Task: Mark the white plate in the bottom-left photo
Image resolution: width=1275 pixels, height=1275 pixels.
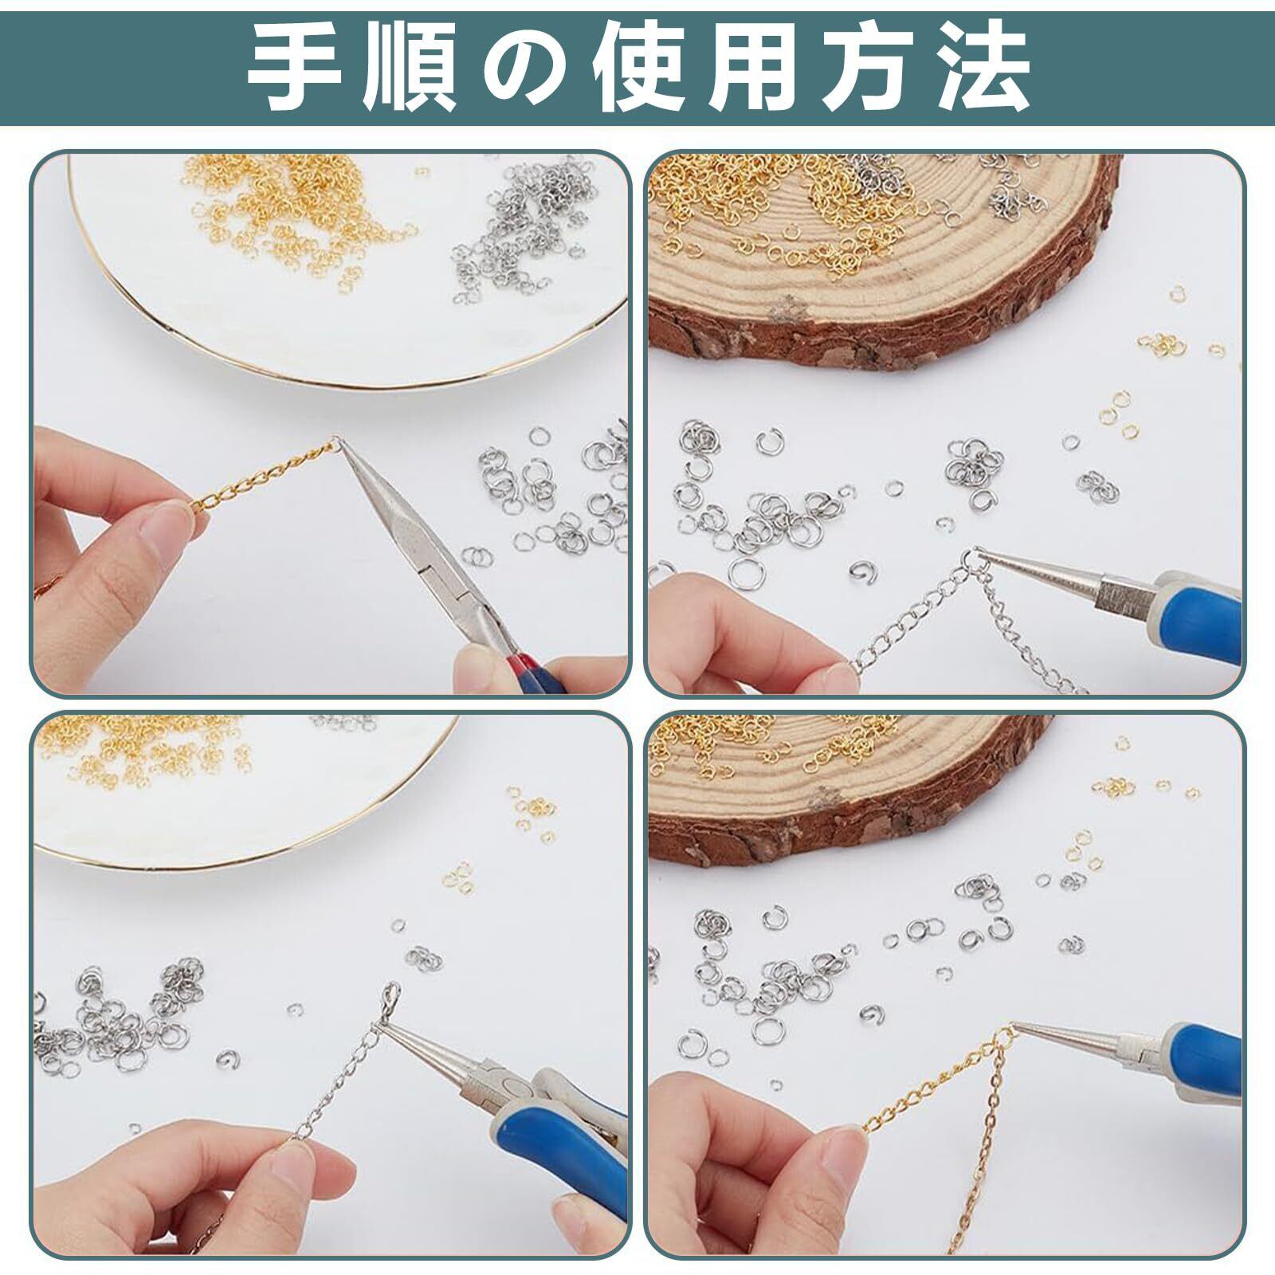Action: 239,789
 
